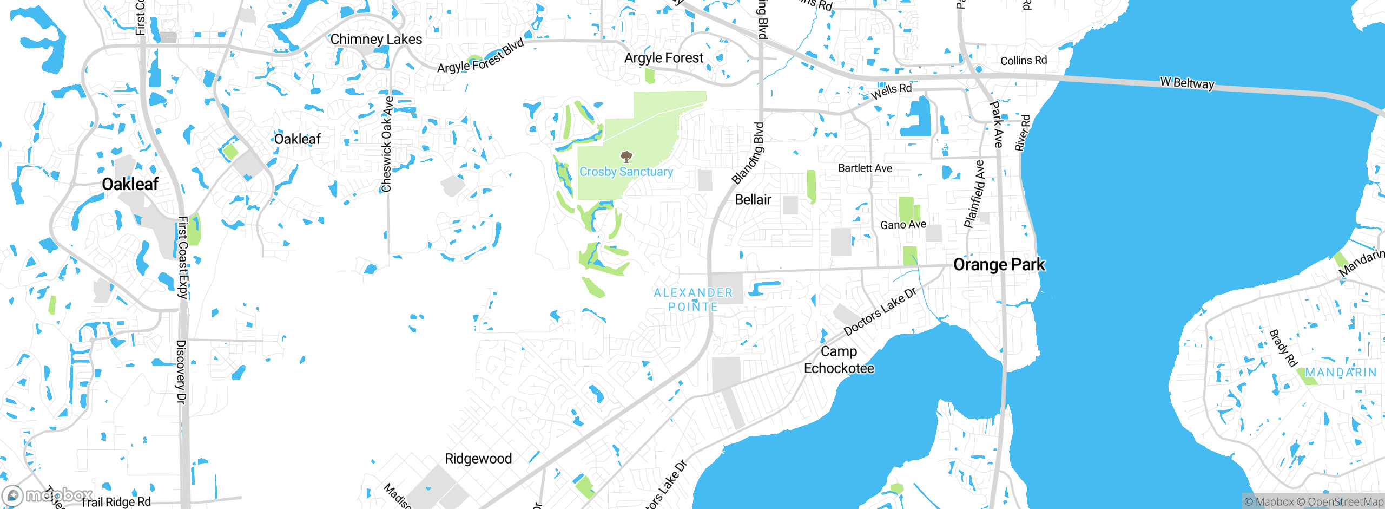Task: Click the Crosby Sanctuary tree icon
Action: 626,157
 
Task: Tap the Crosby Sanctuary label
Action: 626,172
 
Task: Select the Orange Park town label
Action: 999,265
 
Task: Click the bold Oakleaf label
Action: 130,184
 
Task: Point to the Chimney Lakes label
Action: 376,40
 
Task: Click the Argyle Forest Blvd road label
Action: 480,56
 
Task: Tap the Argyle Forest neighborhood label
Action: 664,58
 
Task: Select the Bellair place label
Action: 753,200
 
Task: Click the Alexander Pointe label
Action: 693,299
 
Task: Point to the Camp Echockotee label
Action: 839,360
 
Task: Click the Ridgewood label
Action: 478,459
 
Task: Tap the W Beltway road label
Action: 1187,83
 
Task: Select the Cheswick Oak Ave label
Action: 387,144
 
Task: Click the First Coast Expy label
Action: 183,257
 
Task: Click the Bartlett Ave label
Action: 865,168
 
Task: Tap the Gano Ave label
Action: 903,225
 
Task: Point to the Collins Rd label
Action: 1023,61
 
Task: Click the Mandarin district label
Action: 1341,373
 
